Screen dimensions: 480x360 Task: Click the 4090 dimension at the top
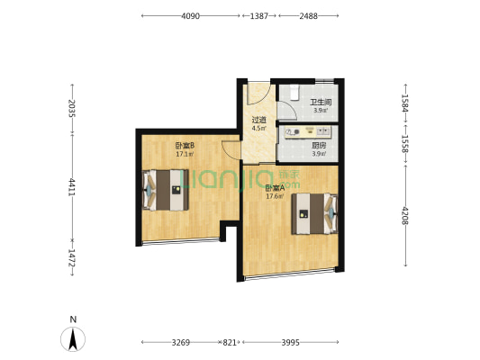click(190, 16)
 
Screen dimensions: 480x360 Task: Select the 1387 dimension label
click(259, 16)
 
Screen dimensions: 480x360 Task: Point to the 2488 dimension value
click(308, 16)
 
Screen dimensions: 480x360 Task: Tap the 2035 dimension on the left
click(72, 108)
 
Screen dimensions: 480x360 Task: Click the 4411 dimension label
click(72, 187)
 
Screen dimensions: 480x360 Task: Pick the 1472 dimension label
click(72, 257)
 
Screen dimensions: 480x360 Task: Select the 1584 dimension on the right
click(405, 103)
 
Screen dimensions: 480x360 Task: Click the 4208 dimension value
click(405, 216)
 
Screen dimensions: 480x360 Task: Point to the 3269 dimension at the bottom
click(181, 342)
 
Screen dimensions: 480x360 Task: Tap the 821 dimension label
click(230, 342)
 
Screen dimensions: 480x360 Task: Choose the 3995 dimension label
click(291, 342)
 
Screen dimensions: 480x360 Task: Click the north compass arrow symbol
click(73, 339)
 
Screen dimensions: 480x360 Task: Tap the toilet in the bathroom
click(294, 92)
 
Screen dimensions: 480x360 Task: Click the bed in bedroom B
click(166, 190)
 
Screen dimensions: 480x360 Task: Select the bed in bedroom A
click(314, 213)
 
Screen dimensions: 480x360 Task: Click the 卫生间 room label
click(321, 103)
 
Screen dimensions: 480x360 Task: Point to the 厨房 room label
click(319, 146)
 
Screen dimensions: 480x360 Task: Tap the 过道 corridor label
click(259, 120)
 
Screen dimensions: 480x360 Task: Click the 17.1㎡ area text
click(185, 154)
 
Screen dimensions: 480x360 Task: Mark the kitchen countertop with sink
click(307, 132)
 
